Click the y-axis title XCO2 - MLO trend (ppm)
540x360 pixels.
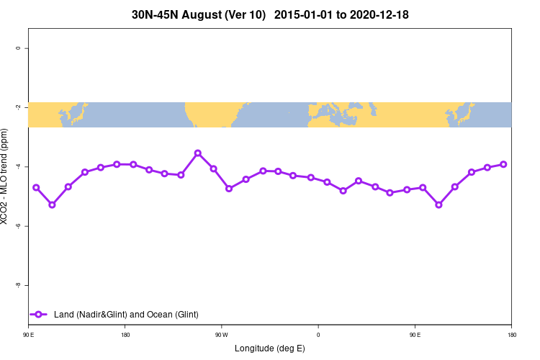tap(6, 176)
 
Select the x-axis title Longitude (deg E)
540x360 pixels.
tap(270, 348)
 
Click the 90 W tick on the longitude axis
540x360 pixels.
tap(222, 335)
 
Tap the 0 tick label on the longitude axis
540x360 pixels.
tap(318, 335)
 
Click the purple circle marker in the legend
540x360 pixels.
tap(40, 314)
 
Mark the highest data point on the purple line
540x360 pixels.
tap(197, 153)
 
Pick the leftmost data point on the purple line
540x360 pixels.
tap(36, 187)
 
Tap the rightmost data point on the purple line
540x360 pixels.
tap(503, 164)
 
